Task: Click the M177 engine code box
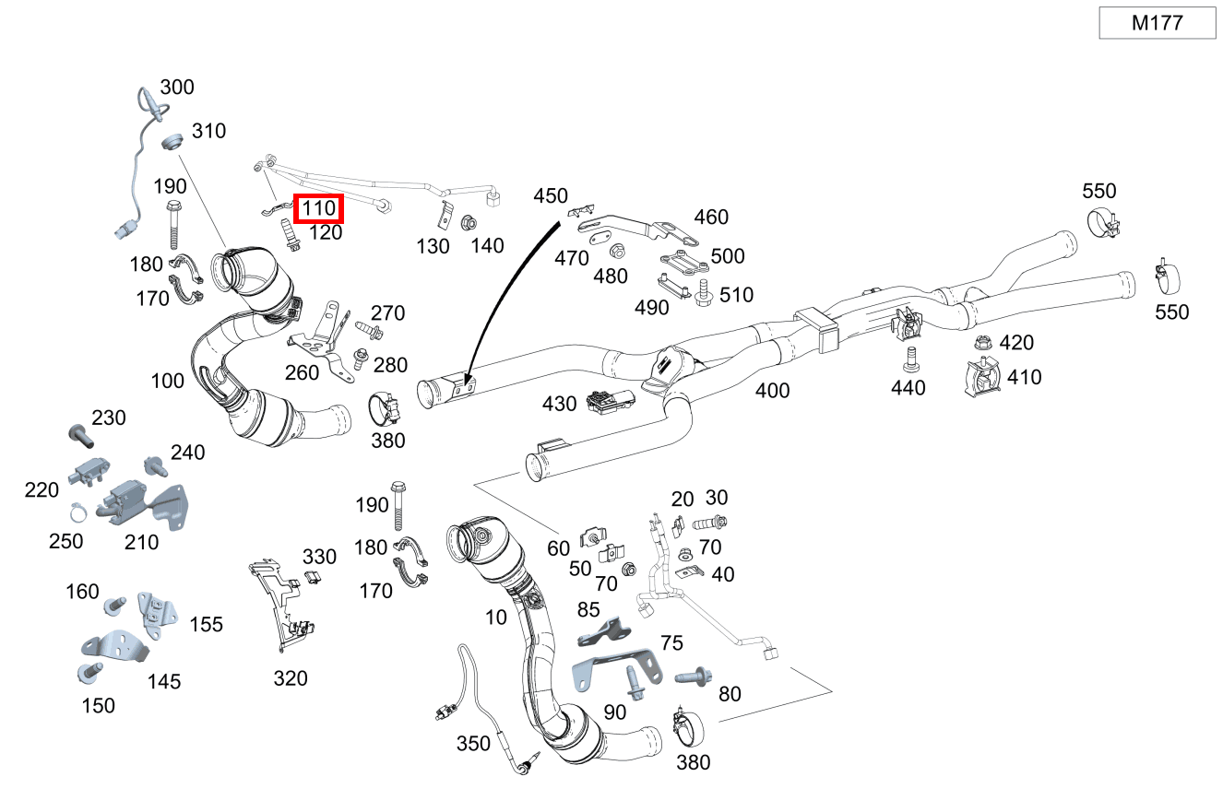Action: [1158, 23]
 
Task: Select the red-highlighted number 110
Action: [318, 209]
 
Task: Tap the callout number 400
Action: [772, 391]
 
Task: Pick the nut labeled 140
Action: [468, 223]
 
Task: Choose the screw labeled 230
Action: [77, 431]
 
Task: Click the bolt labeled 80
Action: [692, 677]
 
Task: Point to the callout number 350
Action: [474, 743]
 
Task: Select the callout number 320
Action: [290, 679]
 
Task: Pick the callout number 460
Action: [711, 218]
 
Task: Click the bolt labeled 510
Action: [703, 295]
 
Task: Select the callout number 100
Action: [167, 380]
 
